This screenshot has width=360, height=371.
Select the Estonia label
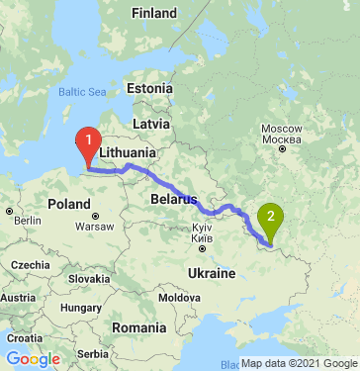[150, 88]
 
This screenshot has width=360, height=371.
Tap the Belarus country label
[172, 199]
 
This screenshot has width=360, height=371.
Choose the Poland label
[69, 204]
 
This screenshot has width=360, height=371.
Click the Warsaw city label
[95, 226]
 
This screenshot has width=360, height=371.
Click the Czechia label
[32, 265]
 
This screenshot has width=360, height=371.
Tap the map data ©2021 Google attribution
[300, 363]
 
